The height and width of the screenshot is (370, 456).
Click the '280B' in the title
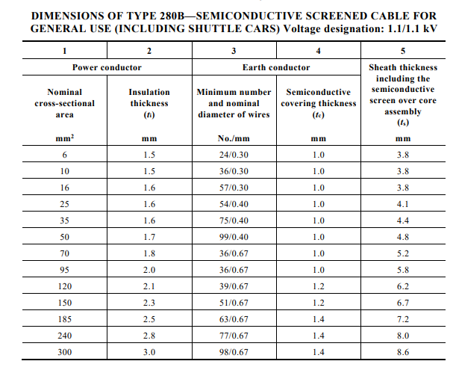[x=172, y=16]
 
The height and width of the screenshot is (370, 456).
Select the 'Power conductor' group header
[x=107, y=67]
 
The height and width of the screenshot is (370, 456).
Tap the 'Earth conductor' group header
[x=276, y=67]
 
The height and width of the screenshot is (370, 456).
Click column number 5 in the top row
[x=403, y=51]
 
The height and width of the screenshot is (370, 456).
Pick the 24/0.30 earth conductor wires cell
[x=234, y=155]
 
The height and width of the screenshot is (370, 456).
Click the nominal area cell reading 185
[x=65, y=319]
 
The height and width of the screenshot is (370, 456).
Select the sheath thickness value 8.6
[x=403, y=352]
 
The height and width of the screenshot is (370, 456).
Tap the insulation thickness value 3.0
[x=149, y=352]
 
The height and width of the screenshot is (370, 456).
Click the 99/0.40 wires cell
[x=234, y=237]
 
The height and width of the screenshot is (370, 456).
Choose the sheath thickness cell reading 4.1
[x=403, y=204]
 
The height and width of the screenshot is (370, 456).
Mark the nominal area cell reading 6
[x=65, y=155]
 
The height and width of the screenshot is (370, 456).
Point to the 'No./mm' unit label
[x=234, y=138]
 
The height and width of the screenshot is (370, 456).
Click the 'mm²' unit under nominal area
[x=65, y=138]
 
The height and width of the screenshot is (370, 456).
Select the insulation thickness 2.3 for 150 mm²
[x=149, y=303]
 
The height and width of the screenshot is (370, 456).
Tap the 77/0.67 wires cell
[x=234, y=336]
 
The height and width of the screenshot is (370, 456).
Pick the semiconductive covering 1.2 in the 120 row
[x=319, y=286]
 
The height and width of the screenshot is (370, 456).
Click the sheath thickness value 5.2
[x=403, y=253]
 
